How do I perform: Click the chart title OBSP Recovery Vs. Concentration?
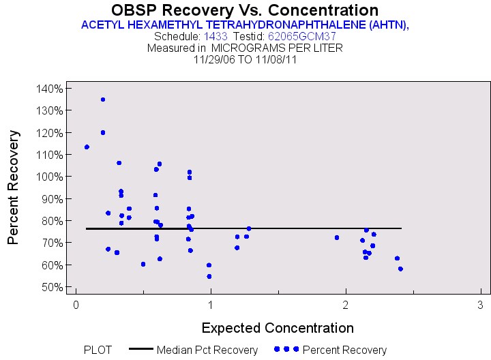coord(245,10)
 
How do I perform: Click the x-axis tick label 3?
coord(481,304)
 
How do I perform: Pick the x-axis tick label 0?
coord(76,304)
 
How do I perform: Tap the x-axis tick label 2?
coord(346,304)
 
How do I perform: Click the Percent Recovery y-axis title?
coord(13,187)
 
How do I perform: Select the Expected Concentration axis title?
coord(278,327)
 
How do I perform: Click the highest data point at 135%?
coord(103,100)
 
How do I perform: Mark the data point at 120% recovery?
coord(103,133)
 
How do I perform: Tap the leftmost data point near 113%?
coord(87,147)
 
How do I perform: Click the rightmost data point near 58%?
coord(400,269)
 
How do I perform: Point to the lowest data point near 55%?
coord(209,276)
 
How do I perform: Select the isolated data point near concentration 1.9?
coord(337,237)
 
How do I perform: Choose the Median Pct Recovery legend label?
coord(207,350)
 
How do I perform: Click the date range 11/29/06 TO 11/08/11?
coord(245,59)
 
